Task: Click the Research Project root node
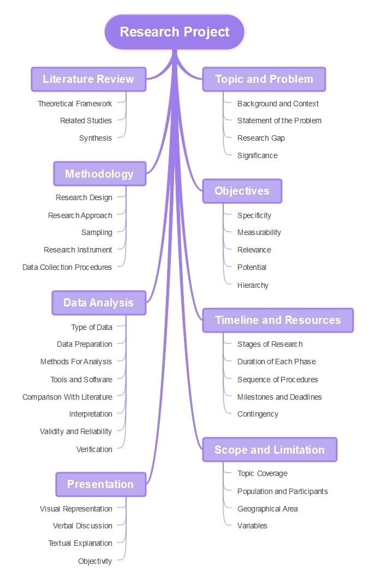(x=175, y=32)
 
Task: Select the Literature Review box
(x=88, y=79)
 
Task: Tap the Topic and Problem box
(x=264, y=79)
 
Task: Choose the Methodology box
(x=99, y=174)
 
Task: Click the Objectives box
(x=242, y=191)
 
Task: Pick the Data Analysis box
(x=98, y=303)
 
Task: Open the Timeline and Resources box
(x=278, y=320)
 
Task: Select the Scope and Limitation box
(x=270, y=450)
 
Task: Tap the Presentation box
(x=100, y=484)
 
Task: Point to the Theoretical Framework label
(x=75, y=104)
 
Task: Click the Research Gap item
(x=261, y=138)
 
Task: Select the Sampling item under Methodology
(x=97, y=232)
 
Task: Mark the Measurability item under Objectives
(x=259, y=232)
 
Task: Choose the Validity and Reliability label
(x=76, y=431)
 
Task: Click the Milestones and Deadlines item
(x=279, y=397)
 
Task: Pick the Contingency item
(x=258, y=414)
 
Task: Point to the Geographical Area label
(x=267, y=509)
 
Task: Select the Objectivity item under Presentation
(x=95, y=561)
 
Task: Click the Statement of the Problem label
(x=279, y=121)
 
